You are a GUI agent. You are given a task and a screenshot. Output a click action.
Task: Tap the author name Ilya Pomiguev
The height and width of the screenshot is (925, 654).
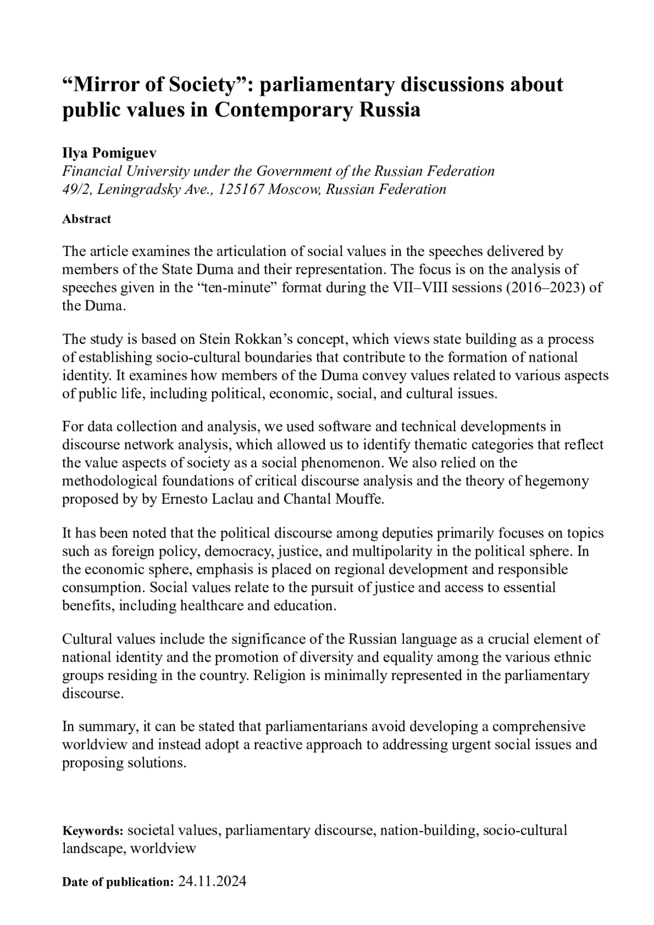tap(109, 153)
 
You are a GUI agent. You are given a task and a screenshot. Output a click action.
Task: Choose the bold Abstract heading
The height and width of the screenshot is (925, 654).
tap(87, 219)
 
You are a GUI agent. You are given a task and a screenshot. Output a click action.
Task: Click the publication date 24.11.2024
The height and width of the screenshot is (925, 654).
tap(213, 881)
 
